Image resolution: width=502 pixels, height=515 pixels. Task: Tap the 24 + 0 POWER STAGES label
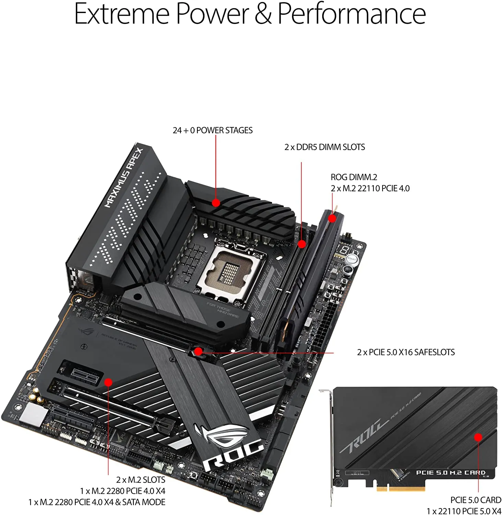212,130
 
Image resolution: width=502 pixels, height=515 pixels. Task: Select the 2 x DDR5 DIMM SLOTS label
325,147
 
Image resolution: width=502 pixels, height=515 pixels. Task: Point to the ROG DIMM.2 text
354,177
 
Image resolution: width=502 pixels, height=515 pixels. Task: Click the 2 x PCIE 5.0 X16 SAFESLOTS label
406,352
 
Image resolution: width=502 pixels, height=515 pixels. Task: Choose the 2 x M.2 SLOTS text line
140,480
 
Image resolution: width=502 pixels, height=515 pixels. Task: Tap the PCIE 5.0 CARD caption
476,500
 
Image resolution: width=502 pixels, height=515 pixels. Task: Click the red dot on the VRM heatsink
216,203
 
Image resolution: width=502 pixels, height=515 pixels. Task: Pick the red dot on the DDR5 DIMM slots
302,244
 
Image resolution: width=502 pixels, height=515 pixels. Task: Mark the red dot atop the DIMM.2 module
332,218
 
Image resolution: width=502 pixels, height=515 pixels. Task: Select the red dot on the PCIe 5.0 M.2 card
478,437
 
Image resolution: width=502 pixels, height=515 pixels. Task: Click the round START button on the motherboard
352,259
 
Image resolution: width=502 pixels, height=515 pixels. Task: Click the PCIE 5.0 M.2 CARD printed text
451,473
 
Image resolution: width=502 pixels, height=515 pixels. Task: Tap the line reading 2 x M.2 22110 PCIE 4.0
370,188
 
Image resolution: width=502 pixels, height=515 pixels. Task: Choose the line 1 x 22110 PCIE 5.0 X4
464,511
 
